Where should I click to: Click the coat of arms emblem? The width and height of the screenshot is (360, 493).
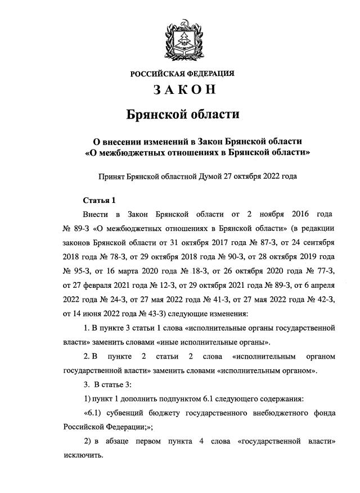[x=182, y=38]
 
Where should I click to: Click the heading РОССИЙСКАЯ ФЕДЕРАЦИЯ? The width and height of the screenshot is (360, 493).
[x=182, y=74]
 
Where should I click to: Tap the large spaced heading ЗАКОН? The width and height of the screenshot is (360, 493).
[x=182, y=90]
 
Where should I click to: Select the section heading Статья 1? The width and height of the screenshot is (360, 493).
[x=98, y=200]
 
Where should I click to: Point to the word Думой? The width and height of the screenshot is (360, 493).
[x=211, y=176]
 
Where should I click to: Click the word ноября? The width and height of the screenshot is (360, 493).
[x=263, y=215]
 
